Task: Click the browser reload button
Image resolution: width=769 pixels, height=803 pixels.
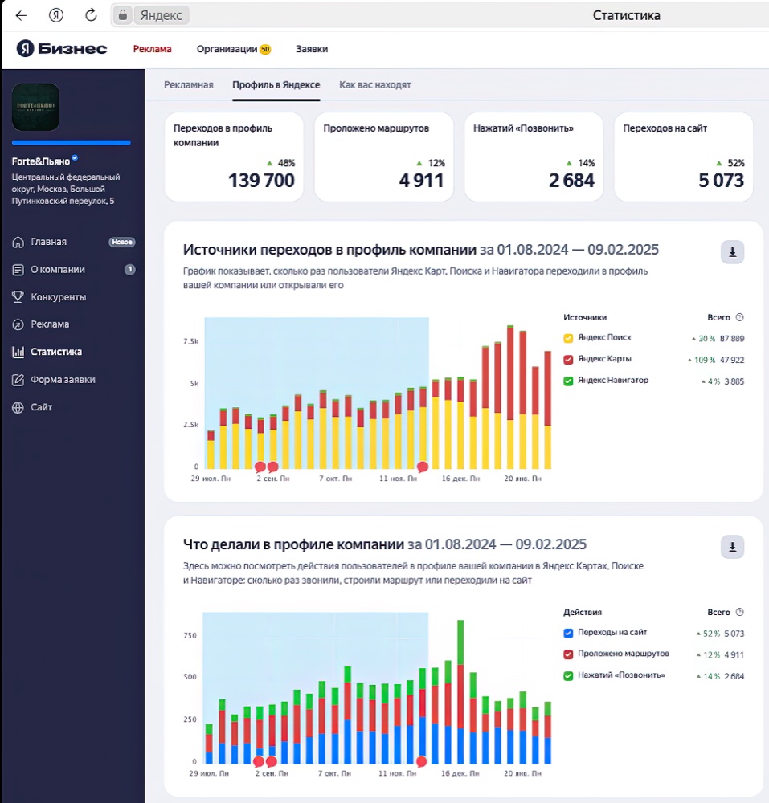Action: point(91,14)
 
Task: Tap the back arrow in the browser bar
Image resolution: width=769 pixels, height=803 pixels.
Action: point(21,15)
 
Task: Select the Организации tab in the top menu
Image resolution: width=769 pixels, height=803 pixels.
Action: point(227,49)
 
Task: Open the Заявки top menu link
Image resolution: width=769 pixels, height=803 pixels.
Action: point(312,49)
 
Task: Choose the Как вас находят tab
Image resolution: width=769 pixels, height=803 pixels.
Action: point(375,85)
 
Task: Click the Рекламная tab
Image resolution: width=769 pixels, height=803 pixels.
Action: point(189,85)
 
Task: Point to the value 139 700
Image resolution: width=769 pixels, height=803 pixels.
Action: point(261,180)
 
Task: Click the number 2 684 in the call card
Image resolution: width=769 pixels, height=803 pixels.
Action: point(571,180)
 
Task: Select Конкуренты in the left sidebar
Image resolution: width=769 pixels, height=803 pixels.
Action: point(59,297)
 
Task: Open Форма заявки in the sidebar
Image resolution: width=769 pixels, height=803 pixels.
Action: point(63,380)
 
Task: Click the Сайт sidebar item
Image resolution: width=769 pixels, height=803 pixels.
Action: point(42,407)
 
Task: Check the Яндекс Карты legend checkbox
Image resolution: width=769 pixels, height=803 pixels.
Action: point(568,360)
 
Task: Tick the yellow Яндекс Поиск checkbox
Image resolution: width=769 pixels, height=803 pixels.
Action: point(568,338)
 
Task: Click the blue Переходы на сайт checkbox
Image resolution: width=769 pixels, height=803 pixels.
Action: point(568,633)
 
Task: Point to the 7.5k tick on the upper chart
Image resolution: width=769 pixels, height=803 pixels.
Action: point(190,341)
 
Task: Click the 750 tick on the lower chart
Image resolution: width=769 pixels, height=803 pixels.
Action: point(190,635)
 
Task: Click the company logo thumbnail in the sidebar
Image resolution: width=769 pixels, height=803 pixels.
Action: point(35,107)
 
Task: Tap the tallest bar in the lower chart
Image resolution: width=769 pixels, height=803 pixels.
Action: point(460,692)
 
